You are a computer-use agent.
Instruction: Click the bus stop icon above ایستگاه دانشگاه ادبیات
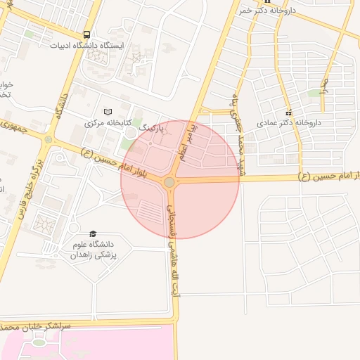(86, 34)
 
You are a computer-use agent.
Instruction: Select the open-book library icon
(108, 112)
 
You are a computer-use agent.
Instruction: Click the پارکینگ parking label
(153, 128)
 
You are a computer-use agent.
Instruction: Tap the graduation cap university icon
(93, 233)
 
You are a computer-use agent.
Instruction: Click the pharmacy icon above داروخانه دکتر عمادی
(288, 112)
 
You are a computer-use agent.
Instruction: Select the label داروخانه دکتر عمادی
(290, 122)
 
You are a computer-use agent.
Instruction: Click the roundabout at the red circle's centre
(169, 183)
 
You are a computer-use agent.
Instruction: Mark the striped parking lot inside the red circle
(148, 210)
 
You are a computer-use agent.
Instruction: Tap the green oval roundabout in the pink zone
(38, 342)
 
